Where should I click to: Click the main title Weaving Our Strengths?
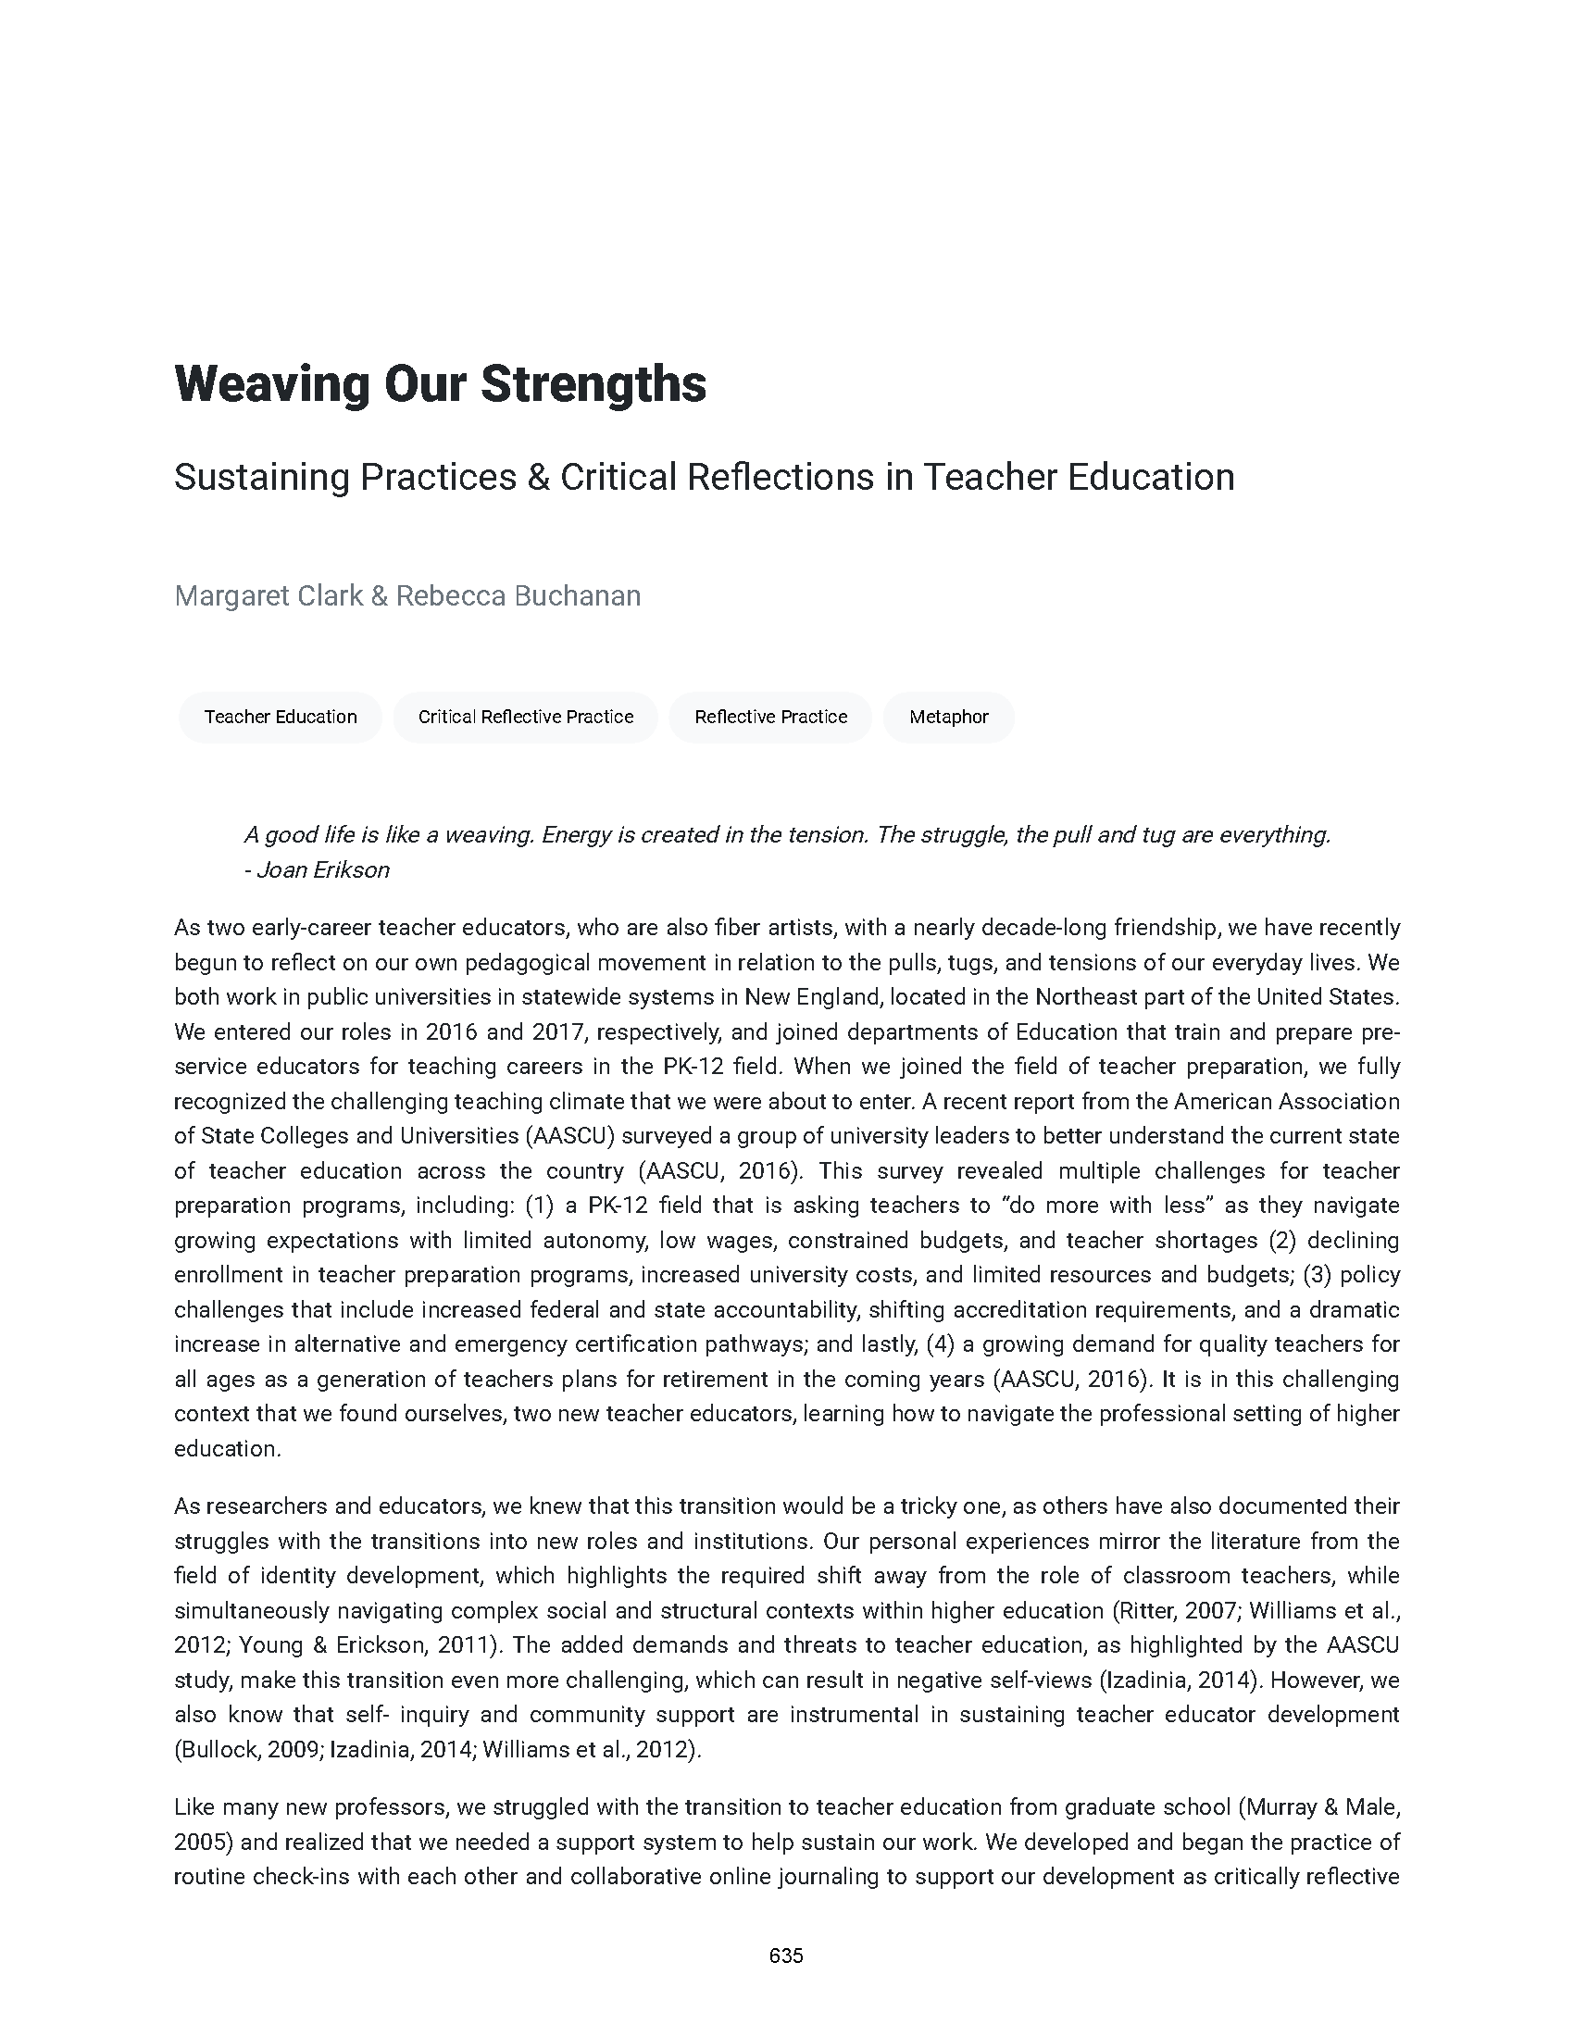point(440,383)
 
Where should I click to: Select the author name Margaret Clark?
point(269,595)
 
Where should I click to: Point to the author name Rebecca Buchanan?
point(518,595)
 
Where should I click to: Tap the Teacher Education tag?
point(281,717)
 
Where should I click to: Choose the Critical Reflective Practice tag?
point(526,717)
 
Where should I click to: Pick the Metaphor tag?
point(948,717)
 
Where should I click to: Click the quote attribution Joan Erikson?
point(322,869)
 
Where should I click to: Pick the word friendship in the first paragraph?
point(1156,927)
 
